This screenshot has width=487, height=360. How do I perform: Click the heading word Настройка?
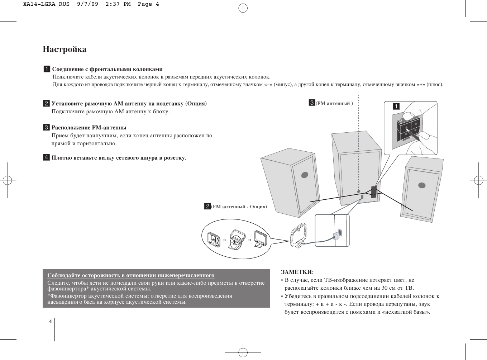click(x=65, y=49)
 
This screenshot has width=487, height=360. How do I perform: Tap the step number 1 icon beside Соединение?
click(x=47, y=69)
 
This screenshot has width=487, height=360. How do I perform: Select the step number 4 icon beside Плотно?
click(x=46, y=157)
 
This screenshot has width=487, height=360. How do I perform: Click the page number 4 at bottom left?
click(x=51, y=321)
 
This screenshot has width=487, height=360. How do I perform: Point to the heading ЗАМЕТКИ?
click(x=297, y=272)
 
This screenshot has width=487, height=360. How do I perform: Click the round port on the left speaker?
click(x=305, y=175)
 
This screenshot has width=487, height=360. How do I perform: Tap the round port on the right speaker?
click(x=422, y=185)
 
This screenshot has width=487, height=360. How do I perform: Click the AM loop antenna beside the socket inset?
click(x=298, y=235)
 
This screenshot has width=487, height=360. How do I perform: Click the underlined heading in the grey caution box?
click(x=131, y=276)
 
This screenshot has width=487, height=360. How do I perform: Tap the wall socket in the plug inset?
click(x=339, y=232)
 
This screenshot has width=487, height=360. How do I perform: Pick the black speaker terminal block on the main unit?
click(x=373, y=192)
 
